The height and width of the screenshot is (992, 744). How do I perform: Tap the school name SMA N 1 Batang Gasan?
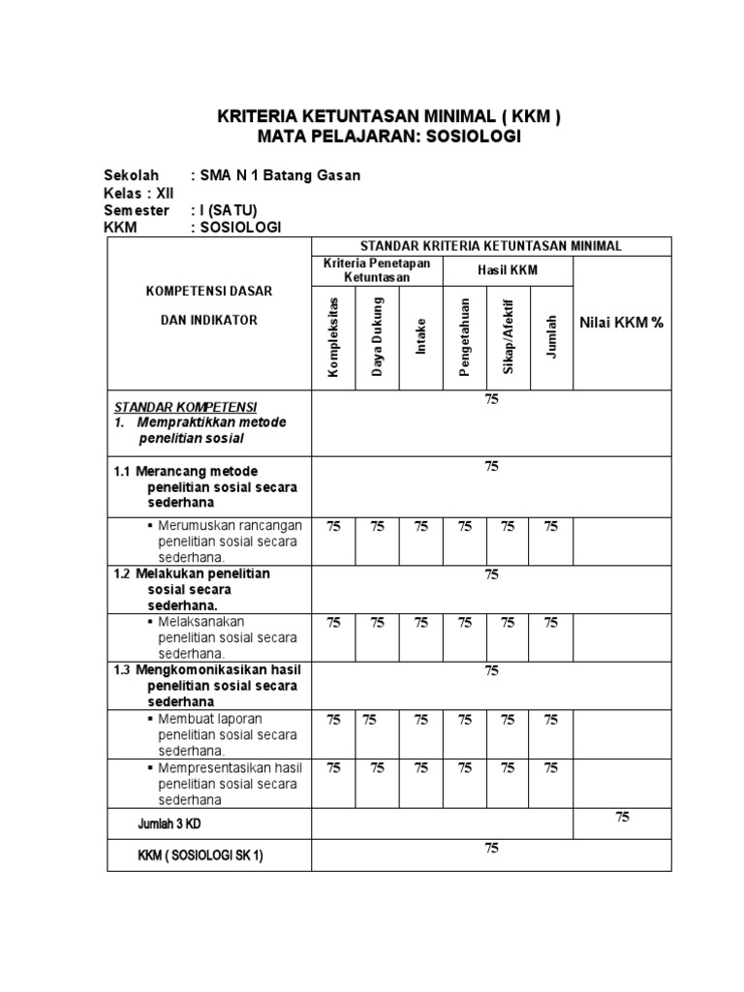280,175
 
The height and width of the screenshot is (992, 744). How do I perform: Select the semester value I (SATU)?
229,210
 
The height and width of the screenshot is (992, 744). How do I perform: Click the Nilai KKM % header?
621,322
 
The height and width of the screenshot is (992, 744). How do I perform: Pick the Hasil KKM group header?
508,270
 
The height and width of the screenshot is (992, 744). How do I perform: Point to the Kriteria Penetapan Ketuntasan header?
377,270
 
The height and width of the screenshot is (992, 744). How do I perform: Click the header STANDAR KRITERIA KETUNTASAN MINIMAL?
490,246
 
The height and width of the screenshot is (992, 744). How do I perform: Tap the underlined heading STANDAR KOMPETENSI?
186,406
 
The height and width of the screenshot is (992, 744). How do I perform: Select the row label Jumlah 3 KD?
170,823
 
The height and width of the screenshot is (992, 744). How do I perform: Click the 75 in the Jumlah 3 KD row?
622,818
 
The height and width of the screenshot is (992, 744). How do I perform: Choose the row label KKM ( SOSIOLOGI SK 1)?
201,855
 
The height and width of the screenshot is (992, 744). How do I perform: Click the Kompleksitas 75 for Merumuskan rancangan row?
333,526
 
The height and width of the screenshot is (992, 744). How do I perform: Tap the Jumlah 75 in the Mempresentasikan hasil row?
551,768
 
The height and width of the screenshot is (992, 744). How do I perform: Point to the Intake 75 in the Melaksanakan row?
421,623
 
